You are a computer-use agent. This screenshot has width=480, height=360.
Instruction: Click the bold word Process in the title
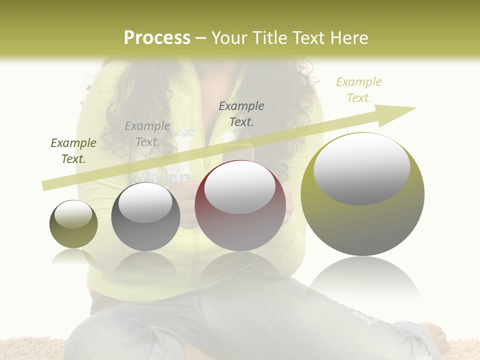157,38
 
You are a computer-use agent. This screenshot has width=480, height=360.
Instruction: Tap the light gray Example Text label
147,134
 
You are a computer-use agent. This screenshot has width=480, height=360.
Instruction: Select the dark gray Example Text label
241,113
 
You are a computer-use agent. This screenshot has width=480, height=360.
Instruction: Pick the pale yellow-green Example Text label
359,89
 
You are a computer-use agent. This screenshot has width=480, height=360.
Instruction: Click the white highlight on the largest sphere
362,168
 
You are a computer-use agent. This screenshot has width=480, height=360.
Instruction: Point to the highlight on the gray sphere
145,202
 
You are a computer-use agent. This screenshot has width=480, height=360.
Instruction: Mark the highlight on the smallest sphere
73,214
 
